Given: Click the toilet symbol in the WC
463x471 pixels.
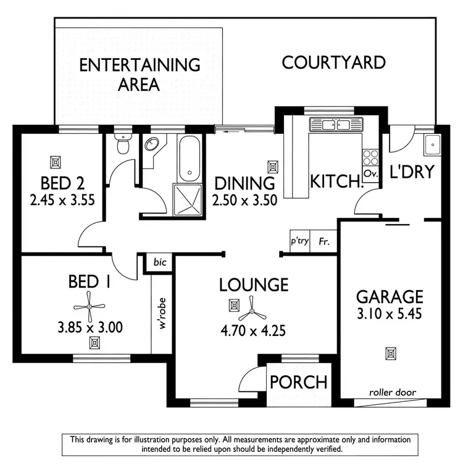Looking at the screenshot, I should pyautogui.click(x=123, y=144).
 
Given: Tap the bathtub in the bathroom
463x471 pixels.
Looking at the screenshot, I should pyautogui.click(x=190, y=157).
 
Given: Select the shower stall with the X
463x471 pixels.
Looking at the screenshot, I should pyautogui.click(x=190, y=198).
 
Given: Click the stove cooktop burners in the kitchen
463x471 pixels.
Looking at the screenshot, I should pyautogui.click(x=370, y=156).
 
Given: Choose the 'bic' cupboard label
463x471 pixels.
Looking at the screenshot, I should pyautogui.click(x=160, y=262).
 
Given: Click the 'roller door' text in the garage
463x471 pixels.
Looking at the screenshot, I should pyautogui.click(x=392, y=392).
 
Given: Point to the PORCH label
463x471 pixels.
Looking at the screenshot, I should pyautogui.click(x=298, y=382).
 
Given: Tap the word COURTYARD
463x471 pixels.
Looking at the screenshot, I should pyautogui.click(x=333, y=62).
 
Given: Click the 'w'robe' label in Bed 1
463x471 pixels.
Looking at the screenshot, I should pyautogui.click(x=163, y=315).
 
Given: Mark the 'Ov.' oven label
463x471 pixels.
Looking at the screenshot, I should pyautogui.click(x=370, y=174).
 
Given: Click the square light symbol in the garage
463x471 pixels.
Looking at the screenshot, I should pyautogui.click(x=390, y=354).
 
